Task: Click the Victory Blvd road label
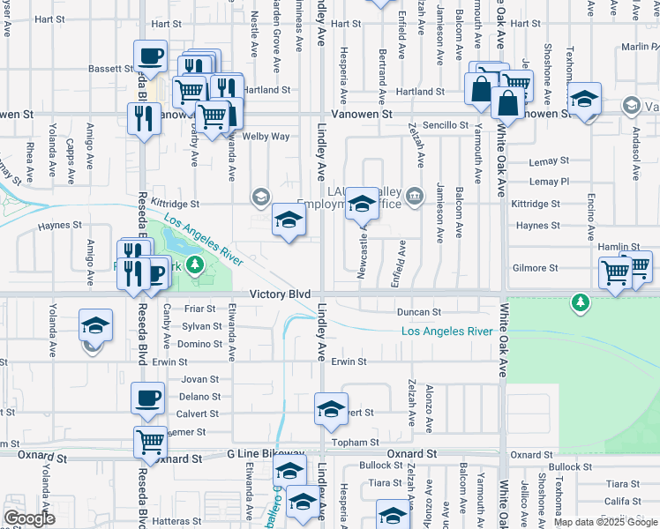[280, 294]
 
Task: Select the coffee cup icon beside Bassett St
[150, 57]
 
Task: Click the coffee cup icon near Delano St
[147, 399]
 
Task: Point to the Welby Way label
[267, 137]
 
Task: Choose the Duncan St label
[418, 312]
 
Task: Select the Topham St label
[360, 442]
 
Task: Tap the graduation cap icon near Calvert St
[331, 410]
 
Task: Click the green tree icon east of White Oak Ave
[580, 303]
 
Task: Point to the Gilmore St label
[536, 268]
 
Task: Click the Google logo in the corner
[29, 518]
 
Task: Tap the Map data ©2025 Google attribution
[605, 522]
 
